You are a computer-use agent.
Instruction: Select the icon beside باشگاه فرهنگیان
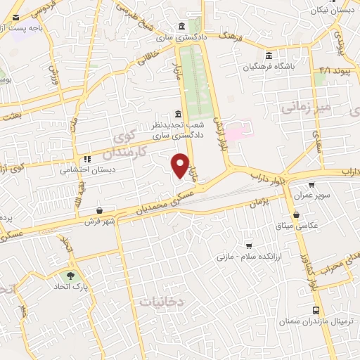point(268,56)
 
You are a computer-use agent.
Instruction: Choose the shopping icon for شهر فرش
point(99,210)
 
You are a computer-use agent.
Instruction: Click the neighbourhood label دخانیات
point(161,301)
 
